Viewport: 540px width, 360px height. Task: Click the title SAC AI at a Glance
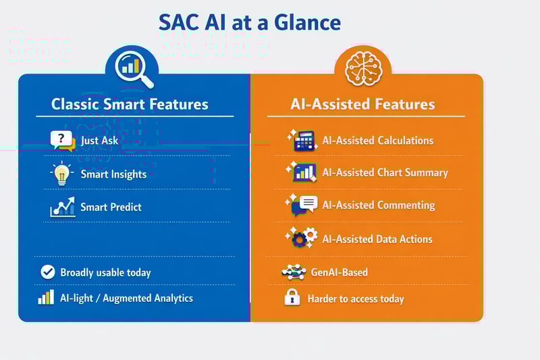pos(250,23)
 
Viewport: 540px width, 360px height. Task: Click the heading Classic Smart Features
pos(130,104)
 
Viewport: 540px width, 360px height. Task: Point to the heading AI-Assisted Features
pos(362,104)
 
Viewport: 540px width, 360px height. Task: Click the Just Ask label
pos(99,141)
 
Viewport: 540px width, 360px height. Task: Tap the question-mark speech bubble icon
pos(62,140)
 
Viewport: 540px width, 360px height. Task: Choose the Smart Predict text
pos(111,207)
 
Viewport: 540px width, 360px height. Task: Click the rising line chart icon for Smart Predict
pos(62,207)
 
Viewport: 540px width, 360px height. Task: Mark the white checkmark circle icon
pos(47,272)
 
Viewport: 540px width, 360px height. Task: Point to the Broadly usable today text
pos(105,273)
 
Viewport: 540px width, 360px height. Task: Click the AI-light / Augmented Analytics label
pos(126,298)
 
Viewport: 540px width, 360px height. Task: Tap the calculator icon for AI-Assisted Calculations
pos(303,140)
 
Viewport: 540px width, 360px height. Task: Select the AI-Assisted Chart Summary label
pos(385,172)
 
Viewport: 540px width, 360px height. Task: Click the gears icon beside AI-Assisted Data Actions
pos(303,238)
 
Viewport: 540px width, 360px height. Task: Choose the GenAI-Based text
pos(339,273)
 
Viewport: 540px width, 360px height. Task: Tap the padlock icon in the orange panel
pos(292,297)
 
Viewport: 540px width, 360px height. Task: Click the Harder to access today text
pos(355,299)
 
